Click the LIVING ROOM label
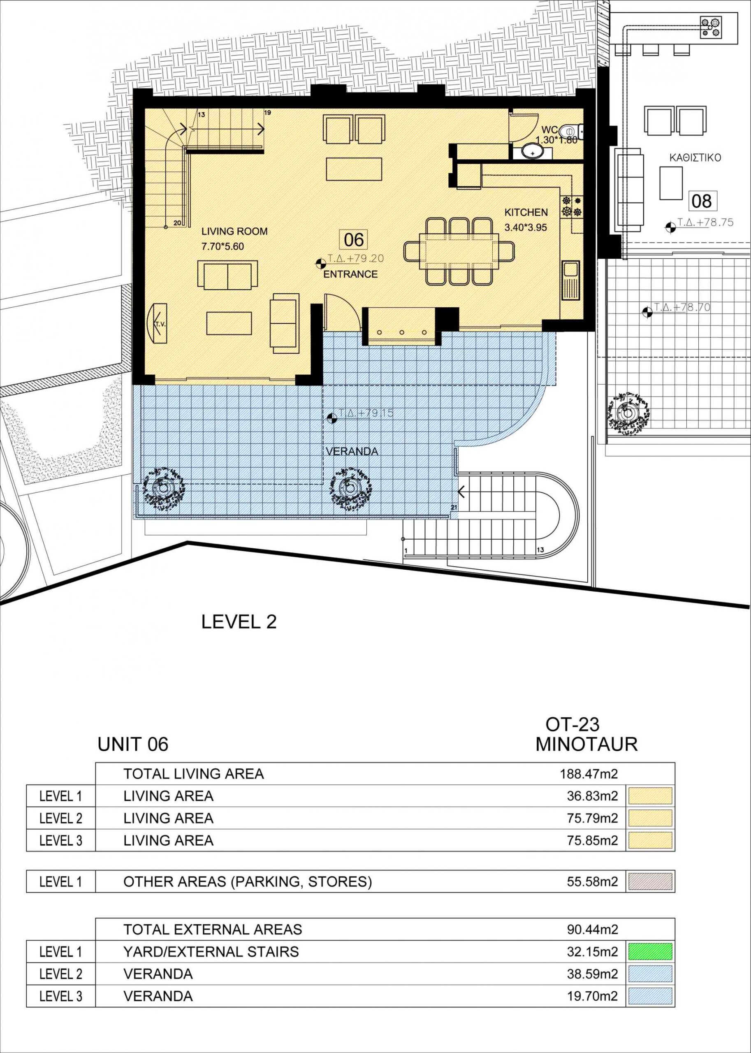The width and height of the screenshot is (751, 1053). tap(234, 231)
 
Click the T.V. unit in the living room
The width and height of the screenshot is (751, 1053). tap(157, 323)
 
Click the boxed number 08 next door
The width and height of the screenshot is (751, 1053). tap(702, 201)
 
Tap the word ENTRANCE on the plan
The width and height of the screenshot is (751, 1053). tap(350, 274)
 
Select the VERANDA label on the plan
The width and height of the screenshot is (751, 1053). tap(352, 451)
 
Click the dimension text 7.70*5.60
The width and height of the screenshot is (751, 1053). tap(223, 246)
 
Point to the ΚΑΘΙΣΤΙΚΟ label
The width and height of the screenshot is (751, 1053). tap(695, 158)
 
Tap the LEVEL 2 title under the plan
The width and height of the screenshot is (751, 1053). tap(239, 622)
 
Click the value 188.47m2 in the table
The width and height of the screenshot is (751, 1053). tap(589, 774)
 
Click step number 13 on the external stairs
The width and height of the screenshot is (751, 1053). tap(540, 550)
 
